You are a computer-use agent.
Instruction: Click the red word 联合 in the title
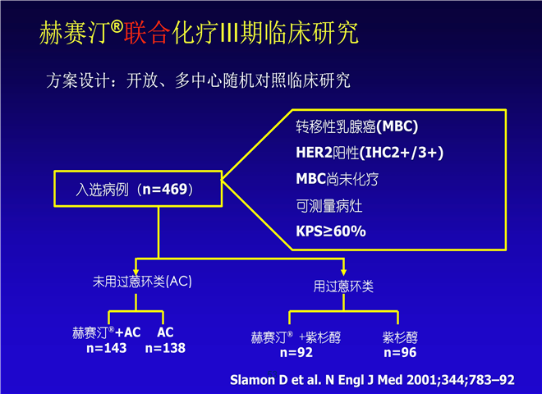(147, 33)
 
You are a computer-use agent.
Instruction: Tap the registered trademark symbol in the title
(117, 26)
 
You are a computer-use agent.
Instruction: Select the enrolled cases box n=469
(138, 189)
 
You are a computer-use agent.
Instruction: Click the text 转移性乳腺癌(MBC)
(356, 126)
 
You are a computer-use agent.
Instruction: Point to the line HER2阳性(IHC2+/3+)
(370, 153)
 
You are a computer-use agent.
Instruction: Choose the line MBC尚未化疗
(337, 179)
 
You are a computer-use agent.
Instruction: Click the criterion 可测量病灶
(329, 206)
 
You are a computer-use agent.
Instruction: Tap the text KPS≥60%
(331, 231)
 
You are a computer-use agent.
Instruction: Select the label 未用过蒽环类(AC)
(142, 282)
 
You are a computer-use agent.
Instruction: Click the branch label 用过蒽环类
(343, 286)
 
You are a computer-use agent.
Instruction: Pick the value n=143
(107, 348)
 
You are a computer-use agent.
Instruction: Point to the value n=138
(165, 348)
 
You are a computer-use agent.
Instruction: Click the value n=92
(296, 352)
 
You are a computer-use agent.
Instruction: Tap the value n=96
(400, 352)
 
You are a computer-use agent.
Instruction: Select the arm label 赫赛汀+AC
(107, 332)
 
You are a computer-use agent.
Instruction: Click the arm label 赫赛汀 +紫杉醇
(296, 337)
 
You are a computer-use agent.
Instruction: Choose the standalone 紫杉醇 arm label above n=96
(400, 337)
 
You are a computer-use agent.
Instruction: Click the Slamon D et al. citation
(372, 380)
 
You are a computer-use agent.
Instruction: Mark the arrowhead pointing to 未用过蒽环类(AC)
(136, 272)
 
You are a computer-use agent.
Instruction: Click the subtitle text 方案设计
(78, 80)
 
